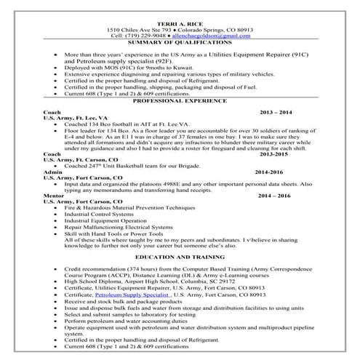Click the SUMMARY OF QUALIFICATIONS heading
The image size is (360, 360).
point(180,43)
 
